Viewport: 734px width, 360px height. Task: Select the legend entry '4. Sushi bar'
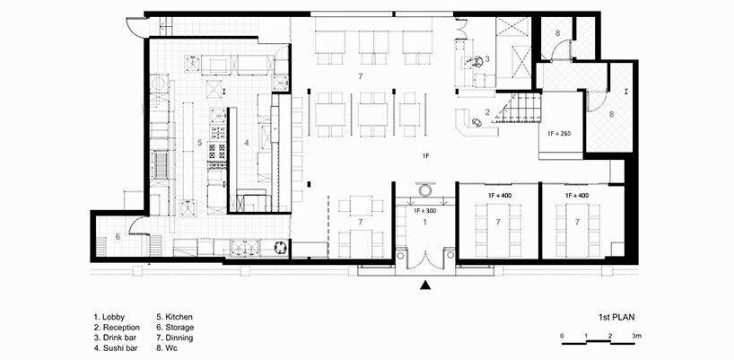(118, 349)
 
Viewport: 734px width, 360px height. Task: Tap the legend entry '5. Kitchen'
(177, 317)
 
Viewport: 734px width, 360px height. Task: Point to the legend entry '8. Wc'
(170, 349)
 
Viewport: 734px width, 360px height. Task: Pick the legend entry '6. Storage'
(178, 328)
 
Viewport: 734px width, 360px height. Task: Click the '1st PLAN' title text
(618, 317)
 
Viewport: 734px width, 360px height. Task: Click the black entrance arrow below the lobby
(426, 286)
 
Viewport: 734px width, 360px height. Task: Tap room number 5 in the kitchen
(200, 143)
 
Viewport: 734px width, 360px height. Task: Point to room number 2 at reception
(486, 112)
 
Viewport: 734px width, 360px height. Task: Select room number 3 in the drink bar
(486, 58)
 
